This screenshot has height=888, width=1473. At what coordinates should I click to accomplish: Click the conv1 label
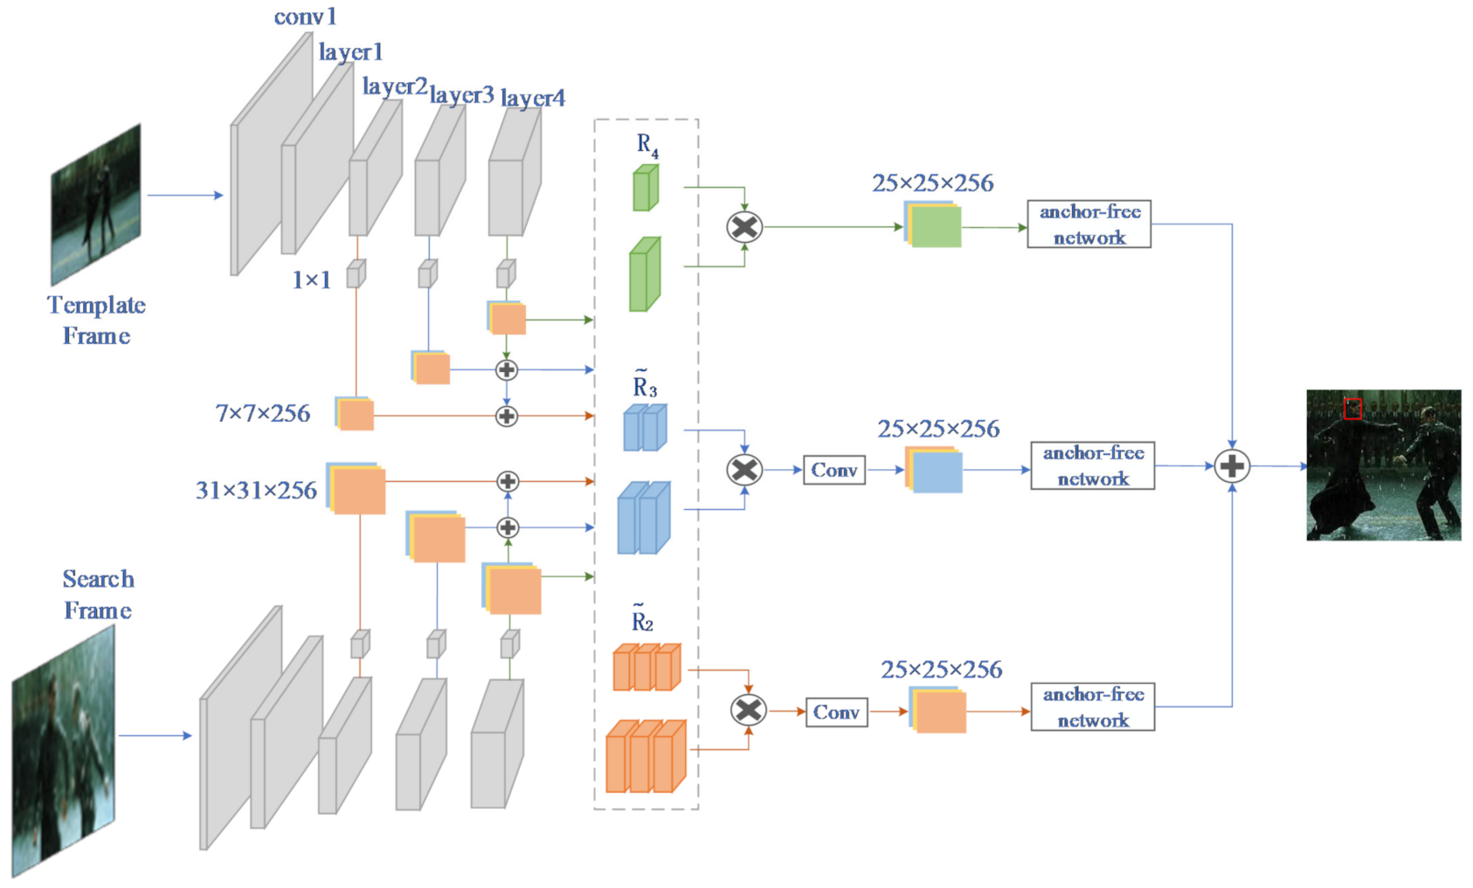tap(305, 17)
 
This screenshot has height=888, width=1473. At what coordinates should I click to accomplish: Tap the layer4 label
tap(533, 98)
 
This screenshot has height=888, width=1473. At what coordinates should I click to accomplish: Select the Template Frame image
tap(96, 204)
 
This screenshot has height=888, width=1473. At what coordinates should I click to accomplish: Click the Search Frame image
tap(63, 751)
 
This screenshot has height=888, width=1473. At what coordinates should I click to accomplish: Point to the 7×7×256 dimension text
tap(263, 413)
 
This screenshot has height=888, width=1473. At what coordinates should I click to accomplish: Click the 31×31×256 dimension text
tap(257, 491)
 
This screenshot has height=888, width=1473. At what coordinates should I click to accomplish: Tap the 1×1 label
tap(311, 280)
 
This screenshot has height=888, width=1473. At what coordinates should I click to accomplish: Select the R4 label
tap(647, 146)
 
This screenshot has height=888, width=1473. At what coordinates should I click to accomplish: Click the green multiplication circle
tap(744, 227)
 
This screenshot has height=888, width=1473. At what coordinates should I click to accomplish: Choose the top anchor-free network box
tap(1089, 224)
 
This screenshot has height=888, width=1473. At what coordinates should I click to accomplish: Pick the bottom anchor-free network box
tap(1093, 706)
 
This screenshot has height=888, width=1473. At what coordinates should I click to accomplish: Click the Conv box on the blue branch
tap(834, 470)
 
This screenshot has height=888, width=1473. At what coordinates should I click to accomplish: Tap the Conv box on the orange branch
tap(836, 712)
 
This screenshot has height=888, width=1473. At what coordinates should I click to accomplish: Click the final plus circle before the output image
tap(1232, 466)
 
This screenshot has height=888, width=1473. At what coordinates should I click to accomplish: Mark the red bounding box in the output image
tap(1352, 409)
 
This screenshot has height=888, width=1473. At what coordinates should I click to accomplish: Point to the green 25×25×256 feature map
tap(933, 224)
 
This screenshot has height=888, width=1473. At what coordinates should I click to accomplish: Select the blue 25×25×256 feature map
tap(934, 469)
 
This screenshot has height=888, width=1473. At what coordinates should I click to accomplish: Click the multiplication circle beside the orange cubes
tap(749, 711)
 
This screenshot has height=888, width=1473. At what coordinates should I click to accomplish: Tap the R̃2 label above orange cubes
tap(642, 618)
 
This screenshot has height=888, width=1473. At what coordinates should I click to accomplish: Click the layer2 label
tap(395, 86)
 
